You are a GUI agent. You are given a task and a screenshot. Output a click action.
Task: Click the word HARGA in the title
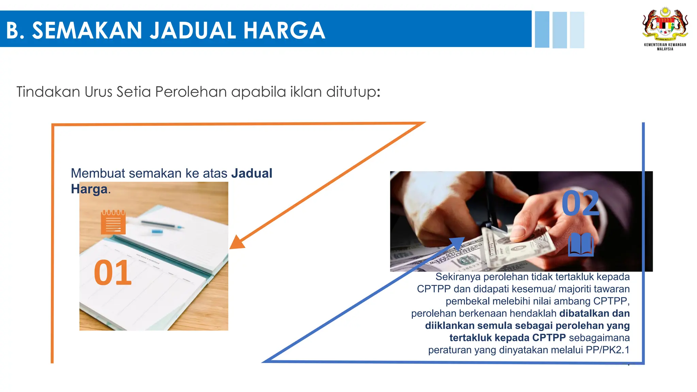pos(284,30)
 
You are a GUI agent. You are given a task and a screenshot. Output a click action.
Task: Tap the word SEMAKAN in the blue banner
pos(87,30)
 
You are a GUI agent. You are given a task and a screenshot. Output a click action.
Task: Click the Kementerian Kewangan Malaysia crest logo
pos(665,24)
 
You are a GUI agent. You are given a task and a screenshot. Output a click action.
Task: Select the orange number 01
pos(112,273)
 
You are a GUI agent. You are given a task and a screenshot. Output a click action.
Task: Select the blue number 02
pos(580,203)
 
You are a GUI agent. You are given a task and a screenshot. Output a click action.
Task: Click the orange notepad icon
pos(113,222)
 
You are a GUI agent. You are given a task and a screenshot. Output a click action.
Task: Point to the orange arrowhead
pos(237,242)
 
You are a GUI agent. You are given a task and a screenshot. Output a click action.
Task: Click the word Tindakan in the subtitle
pos(48,92)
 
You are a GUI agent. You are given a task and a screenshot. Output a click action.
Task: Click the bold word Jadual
pos(252,173)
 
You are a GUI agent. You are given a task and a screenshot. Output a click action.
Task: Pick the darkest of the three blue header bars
pos(542,30)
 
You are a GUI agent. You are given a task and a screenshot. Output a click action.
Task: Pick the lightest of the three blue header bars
pos(577,30)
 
